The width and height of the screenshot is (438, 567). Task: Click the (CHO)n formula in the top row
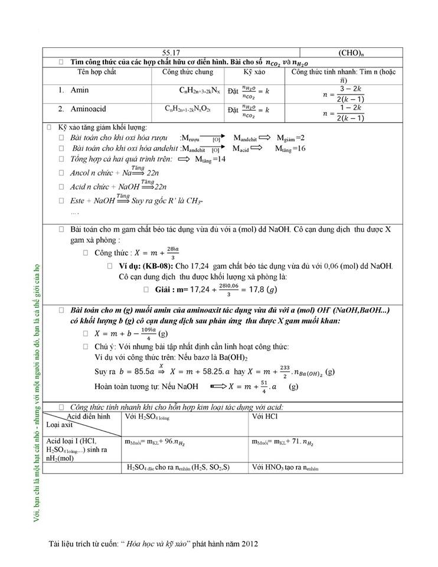click(x=354, y=53)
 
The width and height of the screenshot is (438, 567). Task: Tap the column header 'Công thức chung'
click(x=187, y=72)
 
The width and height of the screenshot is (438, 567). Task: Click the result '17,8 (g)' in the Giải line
click(x=262, y=289)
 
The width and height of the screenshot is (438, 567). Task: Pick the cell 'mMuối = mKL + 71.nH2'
click(x=281, y=442)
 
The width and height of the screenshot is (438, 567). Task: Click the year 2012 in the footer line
click(x=249, y=543)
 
